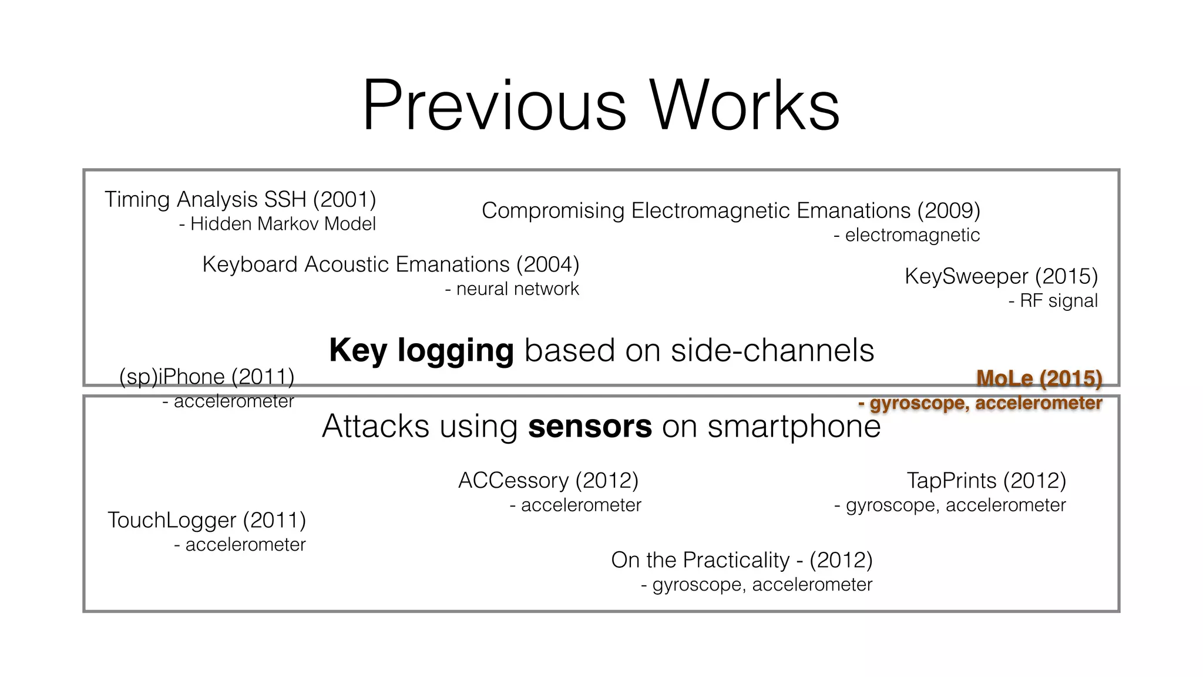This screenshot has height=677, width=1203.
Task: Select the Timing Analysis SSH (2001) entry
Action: [240, 200]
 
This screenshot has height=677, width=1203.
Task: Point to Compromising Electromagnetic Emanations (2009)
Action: [731, 210]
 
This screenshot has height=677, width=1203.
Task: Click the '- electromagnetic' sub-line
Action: [906, 235]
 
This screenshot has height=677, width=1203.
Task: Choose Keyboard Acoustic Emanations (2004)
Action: [391, 264]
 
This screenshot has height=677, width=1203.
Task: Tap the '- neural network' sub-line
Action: [512, 289]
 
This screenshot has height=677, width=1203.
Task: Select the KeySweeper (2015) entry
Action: [1001, 276]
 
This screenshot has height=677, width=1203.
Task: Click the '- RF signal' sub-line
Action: [1053, 301]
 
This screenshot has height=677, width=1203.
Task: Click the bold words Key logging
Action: [421, 351]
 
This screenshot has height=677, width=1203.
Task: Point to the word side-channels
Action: [772, 351]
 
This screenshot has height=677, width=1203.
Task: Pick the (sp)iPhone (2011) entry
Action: [207, 377]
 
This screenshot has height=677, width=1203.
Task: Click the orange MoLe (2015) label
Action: [1039, 378]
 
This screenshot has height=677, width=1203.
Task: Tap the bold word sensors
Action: [590, 427]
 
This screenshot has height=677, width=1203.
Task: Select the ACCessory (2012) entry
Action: [548, 481]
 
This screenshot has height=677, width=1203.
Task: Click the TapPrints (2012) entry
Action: [986, 481]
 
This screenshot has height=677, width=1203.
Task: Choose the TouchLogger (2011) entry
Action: [207, 520]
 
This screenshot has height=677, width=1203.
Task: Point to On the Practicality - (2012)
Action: [741, 560]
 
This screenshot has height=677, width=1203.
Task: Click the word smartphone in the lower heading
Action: [794, 427]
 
